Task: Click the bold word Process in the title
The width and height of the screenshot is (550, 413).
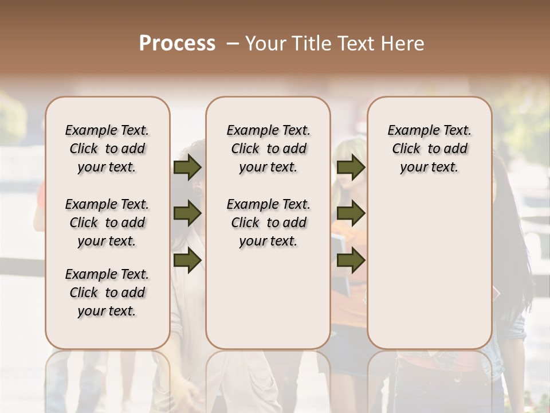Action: pyautogui.click(x=177, y=44)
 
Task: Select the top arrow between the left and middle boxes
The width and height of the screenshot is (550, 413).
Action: pyautogui.click(x=187, y=167)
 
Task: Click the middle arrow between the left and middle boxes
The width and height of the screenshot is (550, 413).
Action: pyautogui.click(x=187, y=213)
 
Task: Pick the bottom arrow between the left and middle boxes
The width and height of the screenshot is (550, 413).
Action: pyautogui.click(x=187, y=260)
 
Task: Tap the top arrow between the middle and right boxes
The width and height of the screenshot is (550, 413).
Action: pyautogui.click(x=351, y=167)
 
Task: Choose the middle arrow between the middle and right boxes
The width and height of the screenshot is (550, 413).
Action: pyautogui.click(x=351, y=213)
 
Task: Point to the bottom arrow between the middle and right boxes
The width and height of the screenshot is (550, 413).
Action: pyautogui.click(x=351, y=260)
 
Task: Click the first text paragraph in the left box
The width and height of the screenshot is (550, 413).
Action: pyautogui.click(x=107, y=149)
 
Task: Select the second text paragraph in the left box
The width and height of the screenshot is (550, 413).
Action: pyautogui.click(x=107, y=223)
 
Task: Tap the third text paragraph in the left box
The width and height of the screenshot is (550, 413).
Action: pyautogui.click(x=107, y=293)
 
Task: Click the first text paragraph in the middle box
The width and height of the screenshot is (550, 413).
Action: pyautogui.click(x=268, y=149)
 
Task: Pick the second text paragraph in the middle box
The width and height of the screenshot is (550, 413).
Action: pyautogui.click(x=268, y=223)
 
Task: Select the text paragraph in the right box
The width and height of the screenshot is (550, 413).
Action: pyautogui.click(x=430, y=149)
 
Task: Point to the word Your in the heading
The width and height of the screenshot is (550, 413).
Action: pyautogui.click(x=266, y=44)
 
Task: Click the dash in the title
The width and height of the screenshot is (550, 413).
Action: pyautogui.click(x=233, y=44)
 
